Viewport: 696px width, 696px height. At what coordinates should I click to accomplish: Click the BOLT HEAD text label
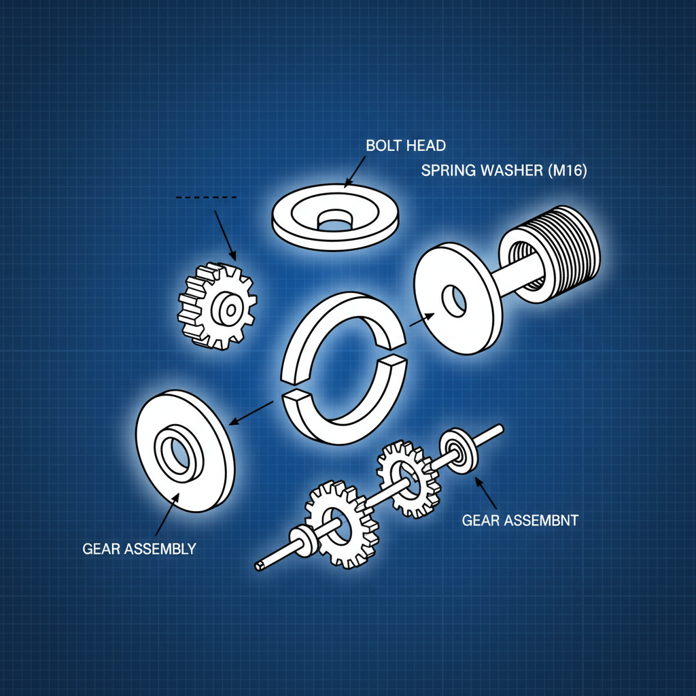(405, 145)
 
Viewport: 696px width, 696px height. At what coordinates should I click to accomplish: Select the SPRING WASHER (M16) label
(504, 171)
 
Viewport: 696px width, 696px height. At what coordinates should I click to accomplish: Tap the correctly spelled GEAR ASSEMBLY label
(139, 549)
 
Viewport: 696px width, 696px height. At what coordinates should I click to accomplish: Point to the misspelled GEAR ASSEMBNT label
(520, 521)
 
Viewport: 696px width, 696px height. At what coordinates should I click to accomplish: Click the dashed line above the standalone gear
(206, 197)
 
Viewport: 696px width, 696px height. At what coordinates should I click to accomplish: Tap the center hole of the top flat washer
(335, 220)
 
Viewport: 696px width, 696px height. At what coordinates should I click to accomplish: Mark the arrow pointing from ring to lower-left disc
(251, 413)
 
